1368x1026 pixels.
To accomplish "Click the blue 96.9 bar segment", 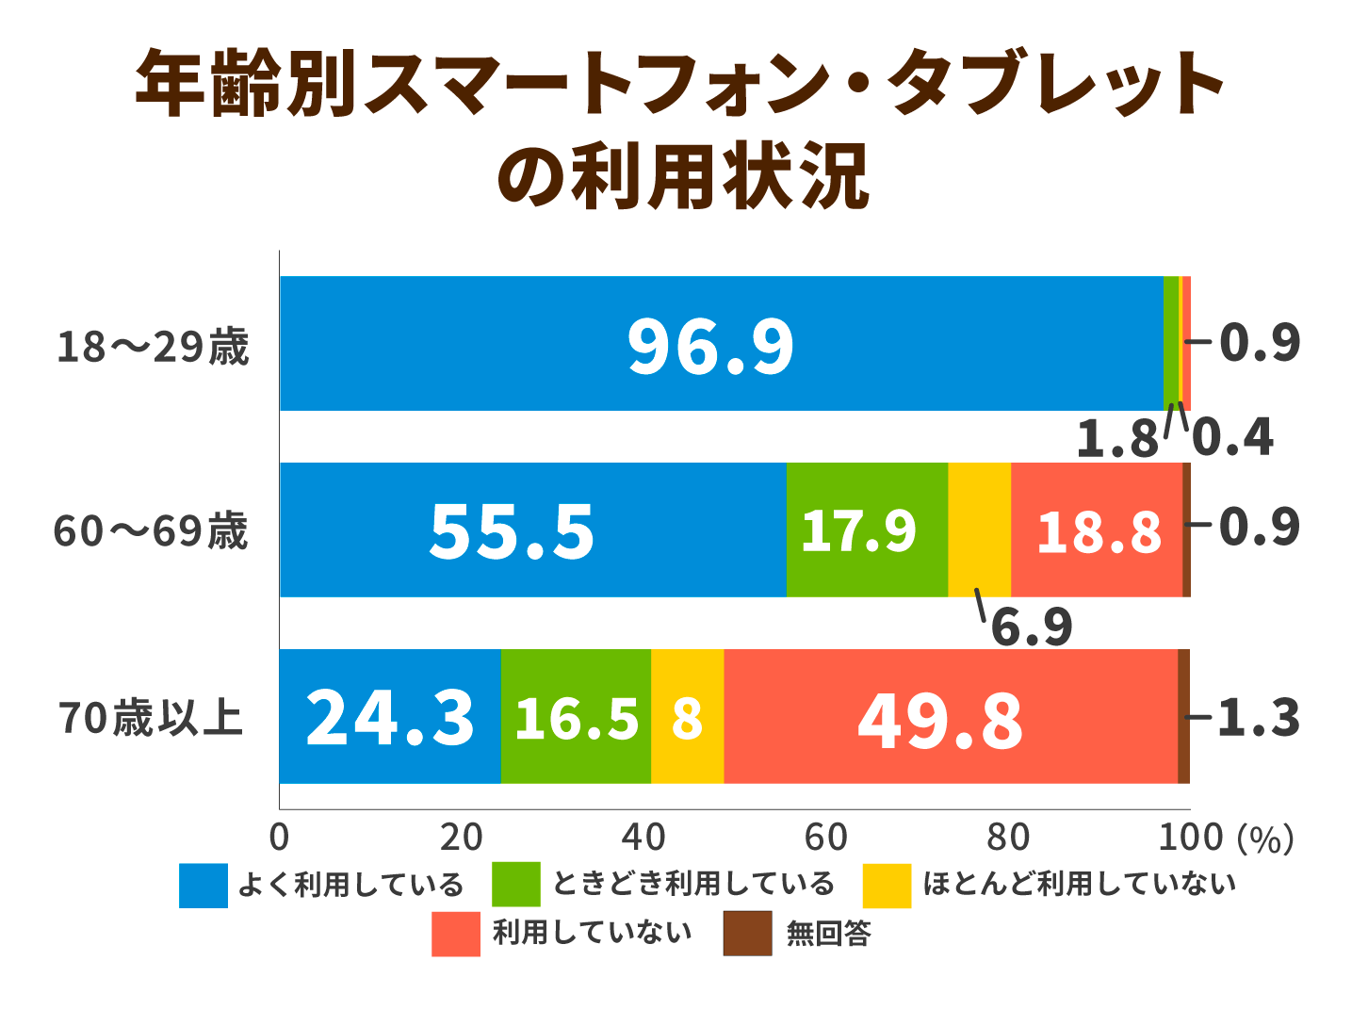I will coord(721,344).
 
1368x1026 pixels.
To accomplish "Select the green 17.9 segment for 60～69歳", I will coord(867,529).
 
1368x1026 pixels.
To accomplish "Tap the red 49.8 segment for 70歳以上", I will coord(950,717).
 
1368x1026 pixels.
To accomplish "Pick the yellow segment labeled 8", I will coord(687,717).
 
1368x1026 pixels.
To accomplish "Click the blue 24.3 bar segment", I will coord(390,717).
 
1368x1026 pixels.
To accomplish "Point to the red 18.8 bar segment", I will coord(1097,529).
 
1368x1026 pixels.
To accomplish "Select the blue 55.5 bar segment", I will coord(532,529).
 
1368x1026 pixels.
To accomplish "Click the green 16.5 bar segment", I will coord(576,717).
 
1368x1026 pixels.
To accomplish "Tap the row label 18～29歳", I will coord(153,347).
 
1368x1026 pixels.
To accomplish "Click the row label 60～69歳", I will coord(151,531).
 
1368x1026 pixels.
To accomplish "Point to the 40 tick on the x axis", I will coord(643,838).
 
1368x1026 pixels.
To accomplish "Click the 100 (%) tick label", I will coord(1225,838).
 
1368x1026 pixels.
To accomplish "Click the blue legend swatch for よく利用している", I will coord(204,886).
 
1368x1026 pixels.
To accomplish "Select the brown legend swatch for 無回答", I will coord(747,934).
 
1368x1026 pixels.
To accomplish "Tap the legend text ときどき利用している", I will coord(693,884).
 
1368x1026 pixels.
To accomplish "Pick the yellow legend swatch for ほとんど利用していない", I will coord(887,886).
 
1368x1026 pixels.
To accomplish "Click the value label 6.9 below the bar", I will coord(1032,627).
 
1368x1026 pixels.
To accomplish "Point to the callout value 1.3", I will coord(1259,718).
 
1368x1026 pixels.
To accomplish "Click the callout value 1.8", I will coord(1117,439).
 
